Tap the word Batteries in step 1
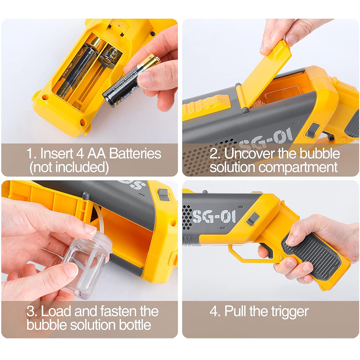(x=135, y=153)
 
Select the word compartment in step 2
(x=298, y=167)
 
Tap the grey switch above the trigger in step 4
(x=252, y=218)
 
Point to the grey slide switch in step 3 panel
(x=163, y=195)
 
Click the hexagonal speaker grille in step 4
(x=187, y=216)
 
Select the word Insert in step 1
(x=56, y=153)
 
